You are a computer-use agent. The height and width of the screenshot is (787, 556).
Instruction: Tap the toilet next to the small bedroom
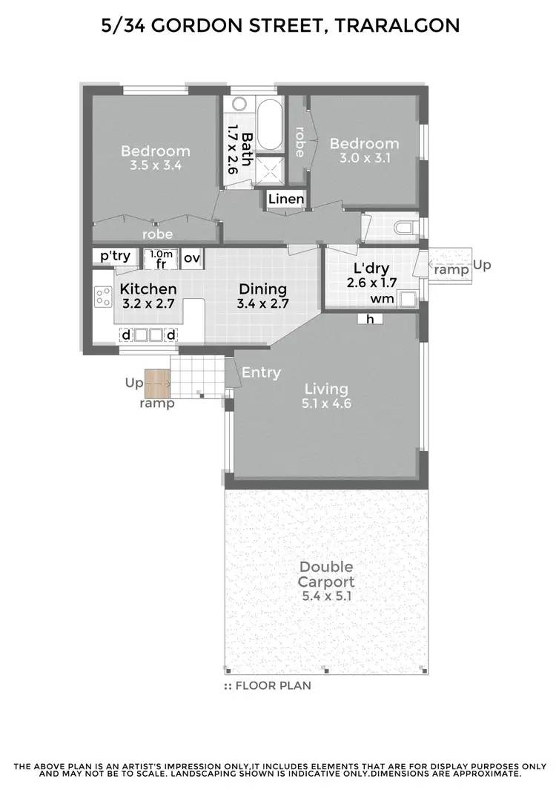point(403,227)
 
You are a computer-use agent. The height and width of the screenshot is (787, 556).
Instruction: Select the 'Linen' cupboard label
point(285,199)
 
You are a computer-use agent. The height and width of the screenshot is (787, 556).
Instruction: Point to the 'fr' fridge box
point(161,258)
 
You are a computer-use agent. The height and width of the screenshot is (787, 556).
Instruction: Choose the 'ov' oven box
point(192,257)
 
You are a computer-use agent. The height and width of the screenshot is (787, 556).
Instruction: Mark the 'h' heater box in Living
point(368,319)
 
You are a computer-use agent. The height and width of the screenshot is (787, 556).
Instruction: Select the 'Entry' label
point(261,373)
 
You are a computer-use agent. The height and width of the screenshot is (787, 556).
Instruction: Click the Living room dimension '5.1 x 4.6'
point(326,404)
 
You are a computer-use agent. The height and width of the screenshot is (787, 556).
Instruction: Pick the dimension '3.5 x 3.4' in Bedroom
point(151,166)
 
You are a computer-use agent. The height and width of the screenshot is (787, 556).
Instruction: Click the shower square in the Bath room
point(268,173)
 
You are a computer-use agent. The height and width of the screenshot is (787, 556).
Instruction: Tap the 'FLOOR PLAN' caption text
point(272,686)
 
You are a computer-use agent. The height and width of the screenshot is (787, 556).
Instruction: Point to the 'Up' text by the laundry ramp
point(483,265)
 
